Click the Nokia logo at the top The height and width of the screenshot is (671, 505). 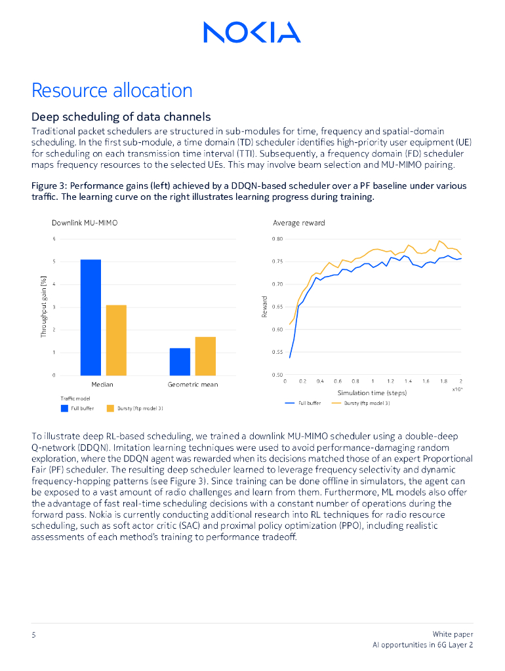click(x=252, y=31)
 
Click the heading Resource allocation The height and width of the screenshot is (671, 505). click(x=112, y=90)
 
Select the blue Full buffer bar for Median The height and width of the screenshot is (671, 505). click(x=91, y=317)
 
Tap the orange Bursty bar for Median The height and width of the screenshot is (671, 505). click(x=116, y=340)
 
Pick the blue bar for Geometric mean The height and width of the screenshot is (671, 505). click(x=180, y=362)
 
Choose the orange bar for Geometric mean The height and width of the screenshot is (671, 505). click(x=205, y=356)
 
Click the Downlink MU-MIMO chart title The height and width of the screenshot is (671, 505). click(x=85, y=223)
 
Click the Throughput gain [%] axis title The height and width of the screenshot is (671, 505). click(x=44, y=306)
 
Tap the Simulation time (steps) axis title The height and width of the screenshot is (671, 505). click(x=372, y=393)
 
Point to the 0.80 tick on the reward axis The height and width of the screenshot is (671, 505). click(x=277, y=239)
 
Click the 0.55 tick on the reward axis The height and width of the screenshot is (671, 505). click(x=277, y=353)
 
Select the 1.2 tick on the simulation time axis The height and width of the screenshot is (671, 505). click(x=390, y=381)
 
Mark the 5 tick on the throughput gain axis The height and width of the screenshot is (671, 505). click(x=54, y=262)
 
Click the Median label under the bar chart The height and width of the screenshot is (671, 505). click(x=102, y=385)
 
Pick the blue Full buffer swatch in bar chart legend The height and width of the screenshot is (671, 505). click(x=64, y=408)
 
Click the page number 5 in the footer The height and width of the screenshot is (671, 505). click(x=33, y=634)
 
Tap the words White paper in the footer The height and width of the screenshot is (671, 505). click(x=453, y=634)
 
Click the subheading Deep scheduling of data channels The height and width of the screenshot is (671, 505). click(x=121, y=117)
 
